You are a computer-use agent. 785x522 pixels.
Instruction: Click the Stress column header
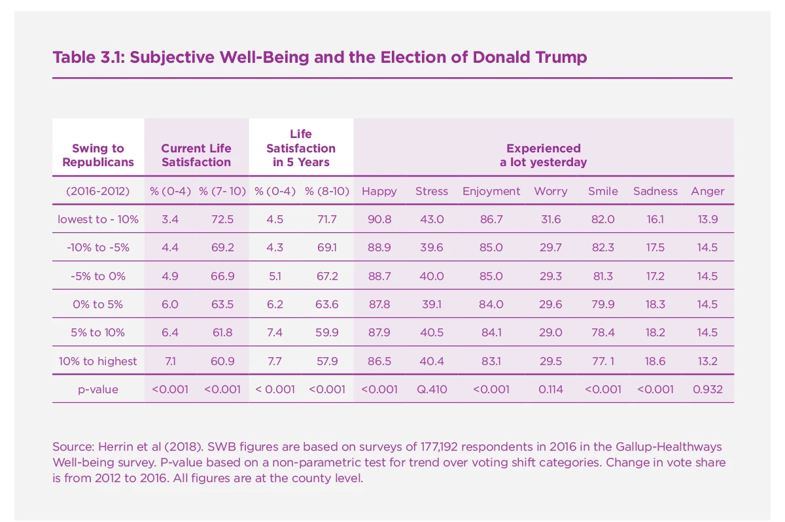coord(432,191)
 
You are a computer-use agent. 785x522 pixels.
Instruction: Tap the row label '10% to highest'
coord(98,361)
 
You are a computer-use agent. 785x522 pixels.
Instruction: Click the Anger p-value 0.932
coord(707,389)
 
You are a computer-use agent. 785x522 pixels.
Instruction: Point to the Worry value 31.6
coord(550,219)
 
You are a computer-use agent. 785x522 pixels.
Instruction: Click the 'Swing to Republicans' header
coord(98,155)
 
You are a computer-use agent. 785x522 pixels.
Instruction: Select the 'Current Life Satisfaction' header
coord(196,155)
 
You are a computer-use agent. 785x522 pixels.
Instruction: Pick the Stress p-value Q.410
coord(432,389)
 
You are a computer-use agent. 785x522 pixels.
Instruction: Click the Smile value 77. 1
coord(602,361)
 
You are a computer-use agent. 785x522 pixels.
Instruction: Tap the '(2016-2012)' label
coord(98,191)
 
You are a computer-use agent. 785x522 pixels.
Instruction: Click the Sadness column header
coord(655,191)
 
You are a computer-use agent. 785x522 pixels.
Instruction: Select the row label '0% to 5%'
coord(98,304)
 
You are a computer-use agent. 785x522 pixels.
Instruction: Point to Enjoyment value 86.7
coord(491,219)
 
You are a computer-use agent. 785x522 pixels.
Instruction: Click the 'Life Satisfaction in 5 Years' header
coord(301,148)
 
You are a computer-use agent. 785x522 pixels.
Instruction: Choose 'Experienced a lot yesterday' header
coord(543,155)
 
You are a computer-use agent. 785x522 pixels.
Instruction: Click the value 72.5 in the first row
coord(222,219)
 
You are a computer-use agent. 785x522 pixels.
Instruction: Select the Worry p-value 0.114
coord(550,389)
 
